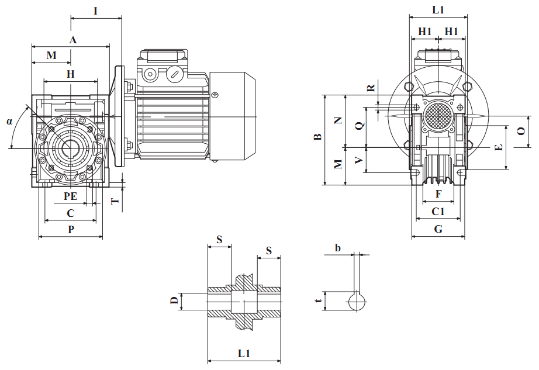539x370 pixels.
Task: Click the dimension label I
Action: (x=95, y=11)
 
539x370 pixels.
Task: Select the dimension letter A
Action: (x=72, y=40)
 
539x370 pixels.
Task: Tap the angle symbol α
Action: (x=9, y=122)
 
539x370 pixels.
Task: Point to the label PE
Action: (x=70, y=197)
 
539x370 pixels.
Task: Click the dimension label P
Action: (x=71, y=230)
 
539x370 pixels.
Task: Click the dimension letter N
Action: (x=338, y=120)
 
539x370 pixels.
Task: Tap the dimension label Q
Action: (x=360, y=125)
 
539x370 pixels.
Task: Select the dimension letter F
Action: (x=438, y=193)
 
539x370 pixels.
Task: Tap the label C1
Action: (x=438, y=212)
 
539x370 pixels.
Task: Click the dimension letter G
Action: (x=438, y=230)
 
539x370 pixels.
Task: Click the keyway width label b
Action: (x=338, y=248)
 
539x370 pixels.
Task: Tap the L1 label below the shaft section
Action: (x=244, y=354)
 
